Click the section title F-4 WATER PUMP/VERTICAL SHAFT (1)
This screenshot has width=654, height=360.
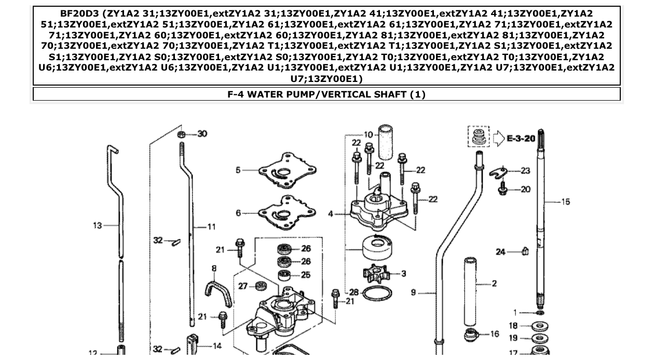click(326, 94)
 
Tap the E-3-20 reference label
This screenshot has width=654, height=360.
click(521, 139)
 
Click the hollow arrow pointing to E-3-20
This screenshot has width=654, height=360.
click(498, 139)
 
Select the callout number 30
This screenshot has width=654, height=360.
click(202, 134)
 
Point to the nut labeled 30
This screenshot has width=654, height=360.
click(182, 134)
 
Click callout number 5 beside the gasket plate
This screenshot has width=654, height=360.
click(238, 170)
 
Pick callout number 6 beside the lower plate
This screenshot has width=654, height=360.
click(238, 213)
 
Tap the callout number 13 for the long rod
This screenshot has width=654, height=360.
click(98, 225)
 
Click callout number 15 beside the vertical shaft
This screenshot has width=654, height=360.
click(565, 201)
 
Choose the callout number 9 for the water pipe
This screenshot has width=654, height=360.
click(414, 293)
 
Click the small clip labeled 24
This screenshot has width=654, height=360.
click(525, 252)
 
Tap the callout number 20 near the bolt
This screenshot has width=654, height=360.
click(525, 189)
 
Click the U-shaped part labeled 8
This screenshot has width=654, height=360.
click(217, 293)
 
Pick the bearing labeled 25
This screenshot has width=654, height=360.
click(284, 274)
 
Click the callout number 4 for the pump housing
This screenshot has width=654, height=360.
click(331, 213)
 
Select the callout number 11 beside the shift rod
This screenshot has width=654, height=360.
click(211, 227)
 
